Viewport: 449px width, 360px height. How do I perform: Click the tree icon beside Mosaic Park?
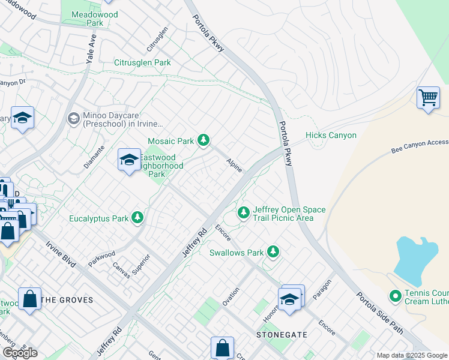coord(204,140)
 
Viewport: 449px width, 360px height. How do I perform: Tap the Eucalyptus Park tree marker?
coord(138,218)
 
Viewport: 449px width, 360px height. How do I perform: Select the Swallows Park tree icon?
coord(274,252)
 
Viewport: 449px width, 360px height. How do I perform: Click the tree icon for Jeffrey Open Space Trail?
coord(244,212)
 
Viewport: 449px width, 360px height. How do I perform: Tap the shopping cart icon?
coord(428,97)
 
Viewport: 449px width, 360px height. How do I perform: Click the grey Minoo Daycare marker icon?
coord(74,118)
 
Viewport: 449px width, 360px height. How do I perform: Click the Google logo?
coord(20,353)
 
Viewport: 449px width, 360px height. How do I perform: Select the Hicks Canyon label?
coord(331,136)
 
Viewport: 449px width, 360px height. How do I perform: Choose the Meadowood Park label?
coord(86,19)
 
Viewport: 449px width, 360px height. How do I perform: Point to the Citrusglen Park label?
coord(142,62)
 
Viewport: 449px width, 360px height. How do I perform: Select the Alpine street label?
coord(234,166)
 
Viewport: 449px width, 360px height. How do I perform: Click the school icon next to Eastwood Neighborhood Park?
coord(128,160)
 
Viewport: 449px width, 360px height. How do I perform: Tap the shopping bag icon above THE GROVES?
coord(29,299)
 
